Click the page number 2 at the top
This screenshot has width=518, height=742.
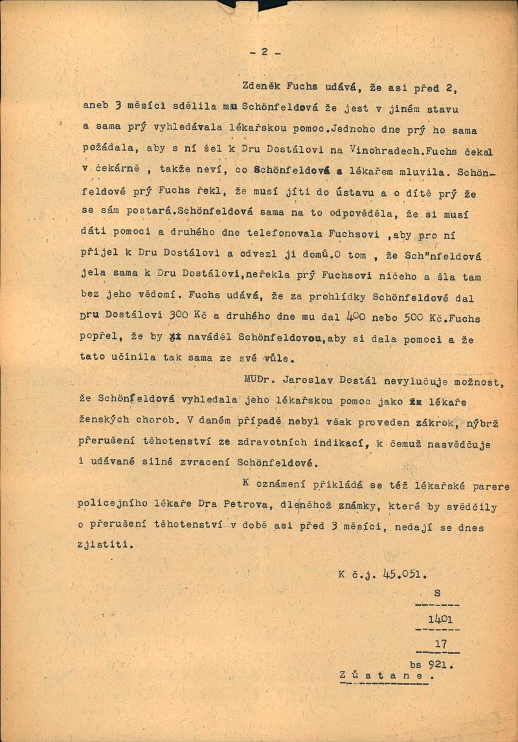(264, 53)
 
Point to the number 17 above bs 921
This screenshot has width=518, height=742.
(442, 643)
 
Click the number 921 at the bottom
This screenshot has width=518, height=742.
(440, 664)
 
